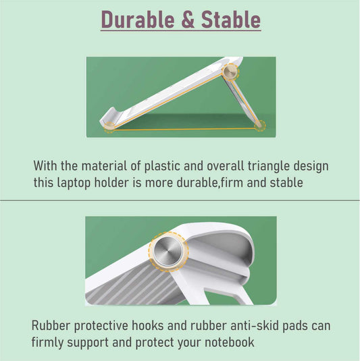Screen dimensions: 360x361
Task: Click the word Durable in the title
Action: pos(138,20)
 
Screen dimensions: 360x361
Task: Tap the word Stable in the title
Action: pos(231,20)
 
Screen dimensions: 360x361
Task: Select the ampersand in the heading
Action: pos(188,20)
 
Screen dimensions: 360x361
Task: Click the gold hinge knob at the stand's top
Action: pos(230,72)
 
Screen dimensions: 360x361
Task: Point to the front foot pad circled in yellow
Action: pos(109,127)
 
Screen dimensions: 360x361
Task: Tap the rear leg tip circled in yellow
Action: pos(260,126)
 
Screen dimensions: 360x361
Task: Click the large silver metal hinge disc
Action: pos(168,251)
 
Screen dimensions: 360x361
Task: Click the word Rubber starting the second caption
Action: pos(51,325)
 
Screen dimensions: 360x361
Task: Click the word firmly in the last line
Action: pos(47,342)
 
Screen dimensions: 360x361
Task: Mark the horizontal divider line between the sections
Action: pos(180,200)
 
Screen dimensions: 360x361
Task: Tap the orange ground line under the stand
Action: pos(184,130)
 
